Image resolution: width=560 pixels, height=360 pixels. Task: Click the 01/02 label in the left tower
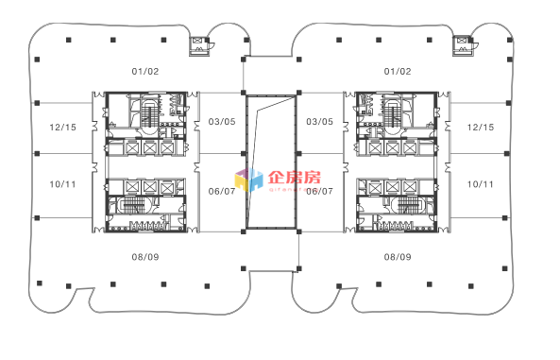(x=145, y=71)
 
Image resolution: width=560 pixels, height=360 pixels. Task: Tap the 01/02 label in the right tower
(x=398, y=71)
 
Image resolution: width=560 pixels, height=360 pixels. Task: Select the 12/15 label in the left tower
(x=62, y=127)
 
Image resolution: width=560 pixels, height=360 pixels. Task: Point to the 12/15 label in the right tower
(x=481, y=127)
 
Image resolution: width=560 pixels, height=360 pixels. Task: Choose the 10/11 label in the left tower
(x=62, y=183)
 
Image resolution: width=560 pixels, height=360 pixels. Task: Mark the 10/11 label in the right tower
(x=481, y=183)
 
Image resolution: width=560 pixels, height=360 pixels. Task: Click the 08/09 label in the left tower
(x=145, y=257)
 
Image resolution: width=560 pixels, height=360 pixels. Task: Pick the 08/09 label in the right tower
(x=398, y=257)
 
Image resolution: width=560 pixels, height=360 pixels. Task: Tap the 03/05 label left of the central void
(x=221, y=121)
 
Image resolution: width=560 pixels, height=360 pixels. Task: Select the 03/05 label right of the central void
(x=320, y=121)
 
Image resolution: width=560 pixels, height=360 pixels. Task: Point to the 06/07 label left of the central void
(x=221, y=191)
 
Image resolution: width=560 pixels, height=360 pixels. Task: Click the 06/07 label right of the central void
(x=320, y=191)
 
